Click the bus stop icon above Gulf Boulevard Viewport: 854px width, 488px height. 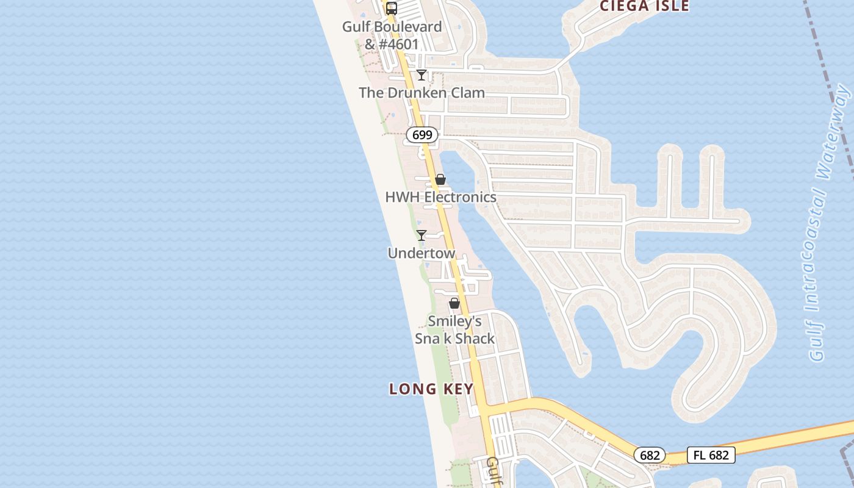pos(392,9)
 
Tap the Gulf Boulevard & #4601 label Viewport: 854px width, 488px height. pos(392,35)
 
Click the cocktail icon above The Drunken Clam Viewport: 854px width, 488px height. pos(422,75)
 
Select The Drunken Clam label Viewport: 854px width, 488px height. pos(422,93)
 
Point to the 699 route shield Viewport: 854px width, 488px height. pos(422,135)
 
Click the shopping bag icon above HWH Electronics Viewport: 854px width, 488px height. pos(440,179)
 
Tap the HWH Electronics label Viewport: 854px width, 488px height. pos(440,197)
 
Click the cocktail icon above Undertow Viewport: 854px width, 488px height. pos(422,235)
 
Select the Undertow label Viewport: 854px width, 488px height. pos(422,253)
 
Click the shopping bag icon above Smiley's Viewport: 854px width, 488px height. pos(454,303)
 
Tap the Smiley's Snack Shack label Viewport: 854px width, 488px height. pos(454,329)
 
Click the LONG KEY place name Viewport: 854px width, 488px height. pos(431,389)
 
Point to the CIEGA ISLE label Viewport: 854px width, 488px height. pos(644,6)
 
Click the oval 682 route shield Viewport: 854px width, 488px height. pos(650,455)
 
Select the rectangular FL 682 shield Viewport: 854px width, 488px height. pos(711,455)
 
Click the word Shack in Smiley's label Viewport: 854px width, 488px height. pos(475,339)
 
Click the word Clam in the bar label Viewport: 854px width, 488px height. pos(468,93)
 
